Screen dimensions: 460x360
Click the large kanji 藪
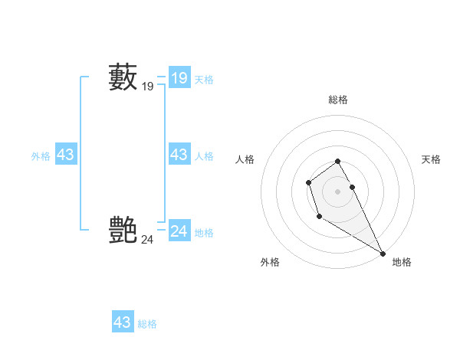[123, 77]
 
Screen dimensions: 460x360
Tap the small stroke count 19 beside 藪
[148, 87]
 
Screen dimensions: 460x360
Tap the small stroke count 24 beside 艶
[147, 239]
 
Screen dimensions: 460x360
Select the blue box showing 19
[179, 78]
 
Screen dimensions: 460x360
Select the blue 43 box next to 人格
[179, 155]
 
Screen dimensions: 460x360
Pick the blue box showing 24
[179, 231]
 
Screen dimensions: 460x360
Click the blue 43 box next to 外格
[65, 155]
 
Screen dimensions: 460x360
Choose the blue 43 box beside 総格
[123, 322]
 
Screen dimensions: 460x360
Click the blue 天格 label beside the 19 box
[204, 79]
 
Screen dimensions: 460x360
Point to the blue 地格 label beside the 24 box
[204, 233]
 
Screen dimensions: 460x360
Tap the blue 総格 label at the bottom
[147, 324]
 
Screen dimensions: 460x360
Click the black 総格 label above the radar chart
[338, 100]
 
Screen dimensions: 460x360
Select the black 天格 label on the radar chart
[432, 159]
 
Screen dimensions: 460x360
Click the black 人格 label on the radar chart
[245, 159]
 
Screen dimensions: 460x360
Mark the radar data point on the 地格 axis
[383, 253]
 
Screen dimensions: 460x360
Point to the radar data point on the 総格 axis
[338, 161]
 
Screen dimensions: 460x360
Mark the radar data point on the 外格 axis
[319, 217]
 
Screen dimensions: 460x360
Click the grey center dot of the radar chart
[338, 191]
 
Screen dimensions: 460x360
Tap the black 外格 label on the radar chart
[270, 262]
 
